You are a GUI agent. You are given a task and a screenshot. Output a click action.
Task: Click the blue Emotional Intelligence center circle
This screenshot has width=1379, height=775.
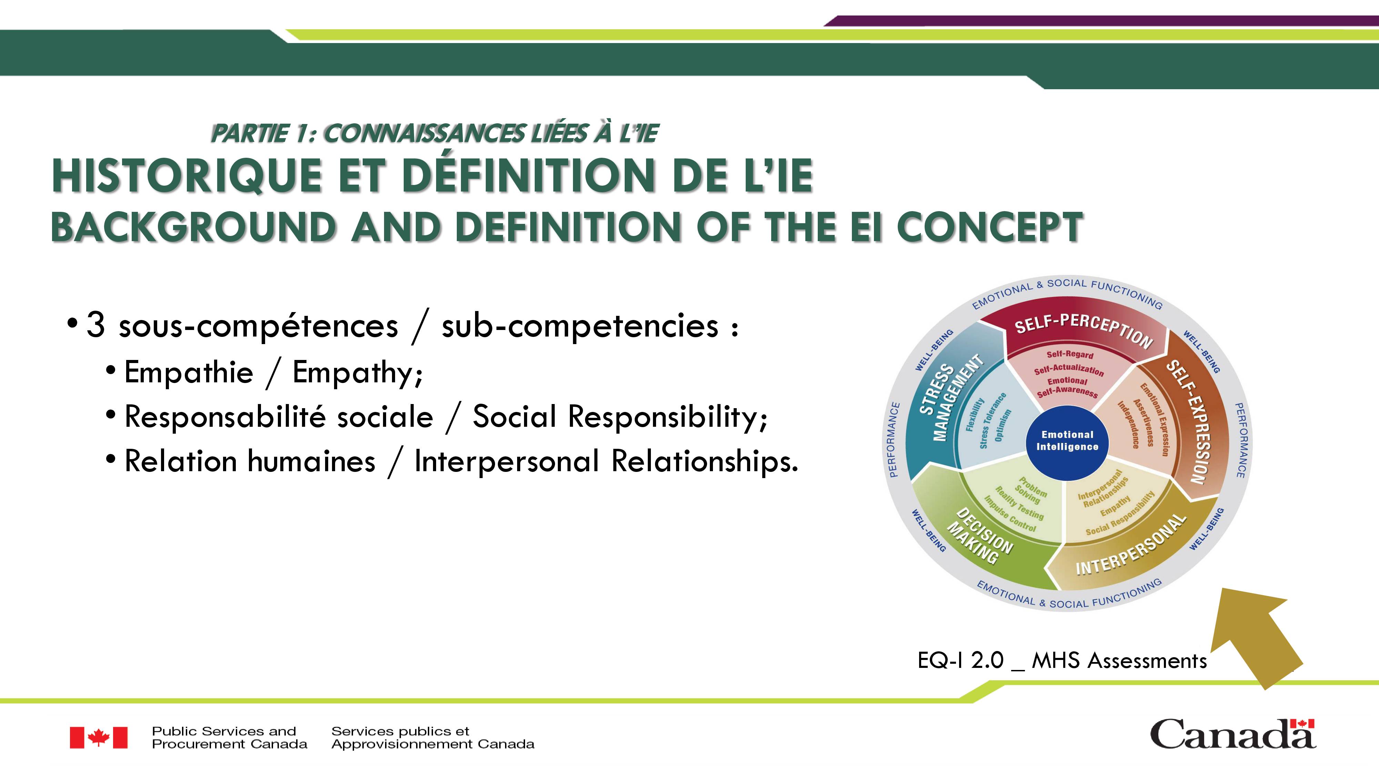1067,442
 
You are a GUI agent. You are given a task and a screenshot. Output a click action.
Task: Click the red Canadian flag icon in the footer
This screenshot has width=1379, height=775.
99,737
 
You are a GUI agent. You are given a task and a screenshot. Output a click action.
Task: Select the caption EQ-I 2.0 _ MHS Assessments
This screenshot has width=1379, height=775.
1062,661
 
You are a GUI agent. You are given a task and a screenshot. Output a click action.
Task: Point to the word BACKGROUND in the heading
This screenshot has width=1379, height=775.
194,227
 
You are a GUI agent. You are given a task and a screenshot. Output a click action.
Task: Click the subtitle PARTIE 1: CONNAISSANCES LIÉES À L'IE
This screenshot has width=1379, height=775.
435,133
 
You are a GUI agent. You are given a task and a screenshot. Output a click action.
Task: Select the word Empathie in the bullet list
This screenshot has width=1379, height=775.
189,372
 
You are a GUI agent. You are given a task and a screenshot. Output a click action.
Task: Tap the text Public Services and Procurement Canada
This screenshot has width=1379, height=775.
230,737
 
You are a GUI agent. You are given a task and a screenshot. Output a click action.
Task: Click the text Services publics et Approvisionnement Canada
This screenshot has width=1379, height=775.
433,737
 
